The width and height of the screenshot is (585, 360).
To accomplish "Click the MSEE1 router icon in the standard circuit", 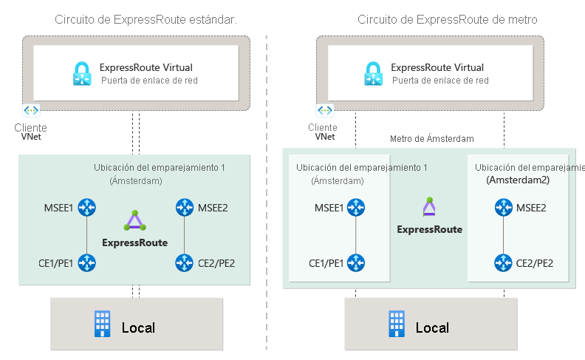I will [88, 208].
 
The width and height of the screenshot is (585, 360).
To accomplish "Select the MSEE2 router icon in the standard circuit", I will [183, 208].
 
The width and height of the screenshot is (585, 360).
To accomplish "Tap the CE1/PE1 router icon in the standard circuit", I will [88, 262].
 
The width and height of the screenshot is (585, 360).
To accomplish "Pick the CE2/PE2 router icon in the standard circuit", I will [183, 262].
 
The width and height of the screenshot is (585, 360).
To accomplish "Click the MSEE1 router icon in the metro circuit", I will [357, 208].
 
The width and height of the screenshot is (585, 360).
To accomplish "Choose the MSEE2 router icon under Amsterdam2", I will [504, 208].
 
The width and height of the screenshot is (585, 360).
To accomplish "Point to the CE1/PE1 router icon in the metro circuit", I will [357, 262].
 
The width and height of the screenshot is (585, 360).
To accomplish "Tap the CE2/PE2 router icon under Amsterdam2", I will [504, 262].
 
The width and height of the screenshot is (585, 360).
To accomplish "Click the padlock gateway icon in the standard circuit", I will [82, 73].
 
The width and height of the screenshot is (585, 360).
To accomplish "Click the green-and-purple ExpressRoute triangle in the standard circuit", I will [134, 221].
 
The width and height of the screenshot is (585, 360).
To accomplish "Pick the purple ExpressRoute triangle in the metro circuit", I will [429, 207].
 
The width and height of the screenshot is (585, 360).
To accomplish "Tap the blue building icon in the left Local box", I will [102, 323].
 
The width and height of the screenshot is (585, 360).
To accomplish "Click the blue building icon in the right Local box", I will [397, 323].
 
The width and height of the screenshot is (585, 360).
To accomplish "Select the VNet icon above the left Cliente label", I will [31, 110].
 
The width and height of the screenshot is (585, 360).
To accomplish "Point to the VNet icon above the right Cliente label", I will [325, 110].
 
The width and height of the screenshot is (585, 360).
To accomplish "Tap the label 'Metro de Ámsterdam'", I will [431, 138].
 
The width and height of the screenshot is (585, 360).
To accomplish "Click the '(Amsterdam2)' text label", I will [517, 180].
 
